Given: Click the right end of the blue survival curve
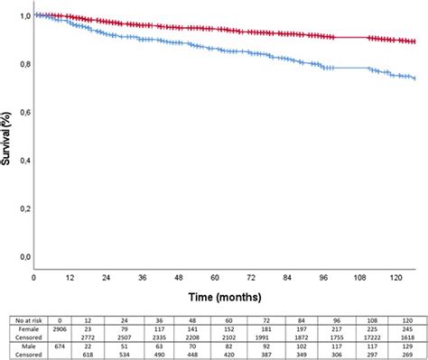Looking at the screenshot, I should click(x=415, y=79).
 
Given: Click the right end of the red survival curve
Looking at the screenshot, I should click(x=415, y=42).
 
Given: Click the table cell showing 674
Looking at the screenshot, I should click(x=52, y=345).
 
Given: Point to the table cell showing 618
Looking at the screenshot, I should click(x=84, y=353).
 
